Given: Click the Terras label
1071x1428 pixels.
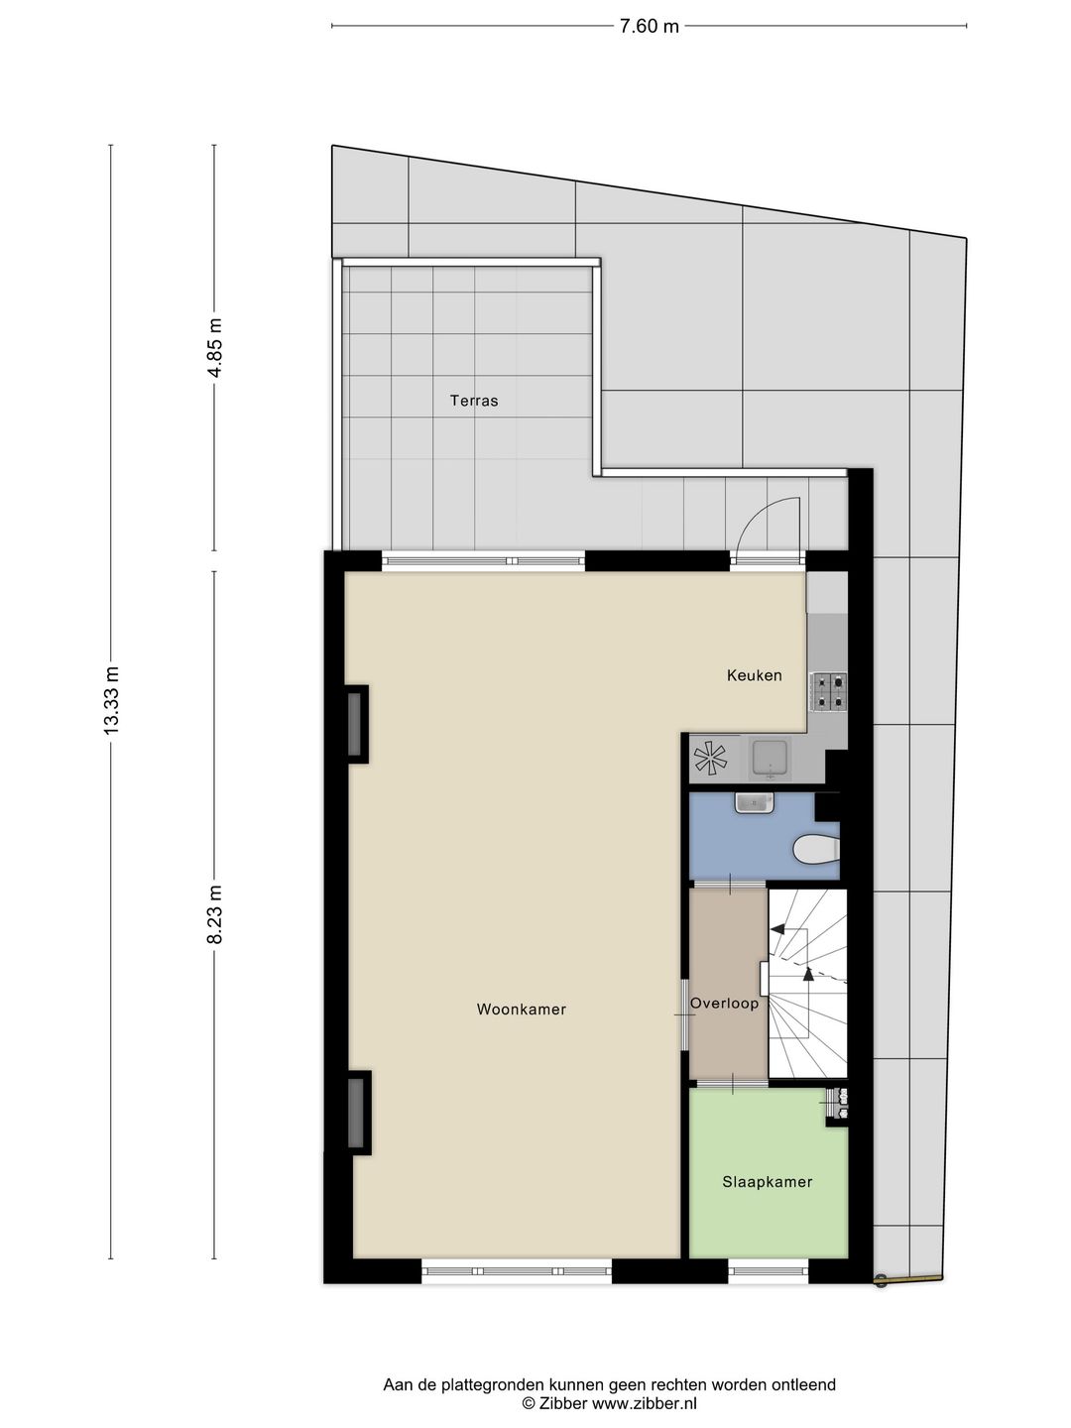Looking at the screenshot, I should pos(474,401).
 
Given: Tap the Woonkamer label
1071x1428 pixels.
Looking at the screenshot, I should pos(522,1010).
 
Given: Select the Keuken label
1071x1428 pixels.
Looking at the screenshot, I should pos(755,675).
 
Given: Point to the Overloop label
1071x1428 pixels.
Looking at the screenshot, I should pos(725,1003).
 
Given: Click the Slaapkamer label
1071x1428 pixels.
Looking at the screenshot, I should pos(768,1181).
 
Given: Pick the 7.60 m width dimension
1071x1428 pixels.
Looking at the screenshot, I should pos(650,27).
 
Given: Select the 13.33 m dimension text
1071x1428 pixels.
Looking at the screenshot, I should pos(111,700).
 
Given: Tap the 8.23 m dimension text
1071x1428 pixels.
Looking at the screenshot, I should pos(215,917).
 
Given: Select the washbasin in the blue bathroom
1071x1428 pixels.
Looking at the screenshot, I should pos(755,802).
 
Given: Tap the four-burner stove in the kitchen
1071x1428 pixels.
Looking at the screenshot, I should pos(829,691).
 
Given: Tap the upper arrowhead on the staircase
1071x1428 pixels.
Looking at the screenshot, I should pos(777,929).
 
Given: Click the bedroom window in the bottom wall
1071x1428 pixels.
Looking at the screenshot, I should pos(769,1270).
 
